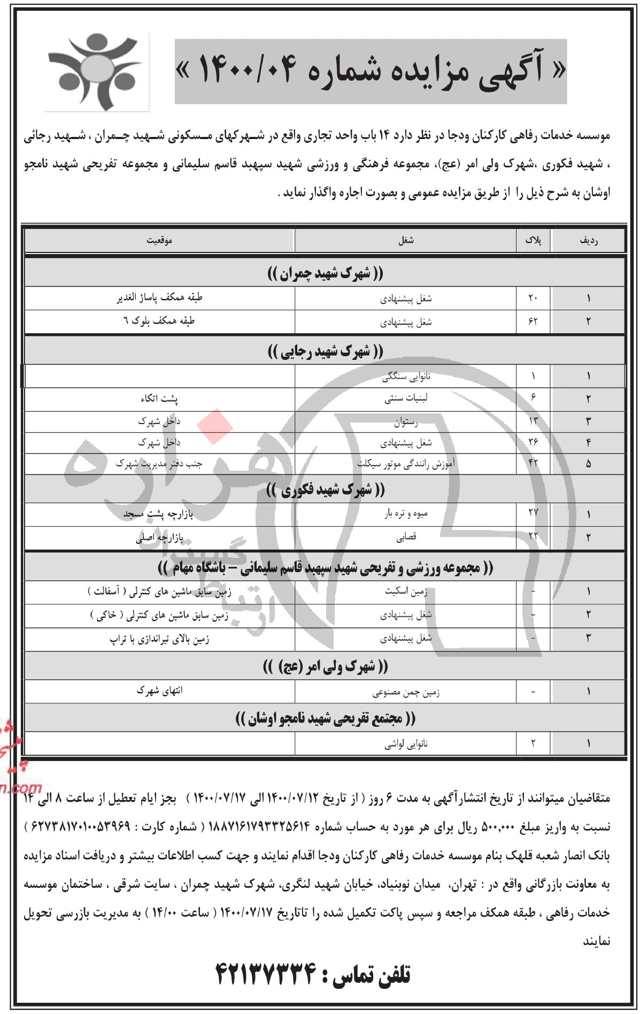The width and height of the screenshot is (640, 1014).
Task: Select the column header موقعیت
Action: coord(159,241)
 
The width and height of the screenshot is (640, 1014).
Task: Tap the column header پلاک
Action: coord(533,241)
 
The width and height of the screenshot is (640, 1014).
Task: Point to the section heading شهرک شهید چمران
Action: coord(325,274)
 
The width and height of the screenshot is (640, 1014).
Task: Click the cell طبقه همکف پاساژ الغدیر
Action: coord(159,298)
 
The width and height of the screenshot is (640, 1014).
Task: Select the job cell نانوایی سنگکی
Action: coord(406,377)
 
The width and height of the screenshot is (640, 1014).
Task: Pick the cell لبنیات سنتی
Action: coord(406,398)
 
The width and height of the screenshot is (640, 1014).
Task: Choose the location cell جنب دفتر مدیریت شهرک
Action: coord(159,464)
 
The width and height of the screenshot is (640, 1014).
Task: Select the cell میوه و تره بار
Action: coord(406,514)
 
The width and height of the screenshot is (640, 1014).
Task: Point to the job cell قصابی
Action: coord(406,537)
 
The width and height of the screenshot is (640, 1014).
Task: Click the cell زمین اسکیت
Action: coord(406,591)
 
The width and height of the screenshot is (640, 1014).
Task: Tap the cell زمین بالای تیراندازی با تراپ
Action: coord(159,639)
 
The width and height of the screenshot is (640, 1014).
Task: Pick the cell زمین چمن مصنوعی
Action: coord(406,693)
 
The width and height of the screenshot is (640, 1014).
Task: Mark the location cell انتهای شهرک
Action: coord(159,691)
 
